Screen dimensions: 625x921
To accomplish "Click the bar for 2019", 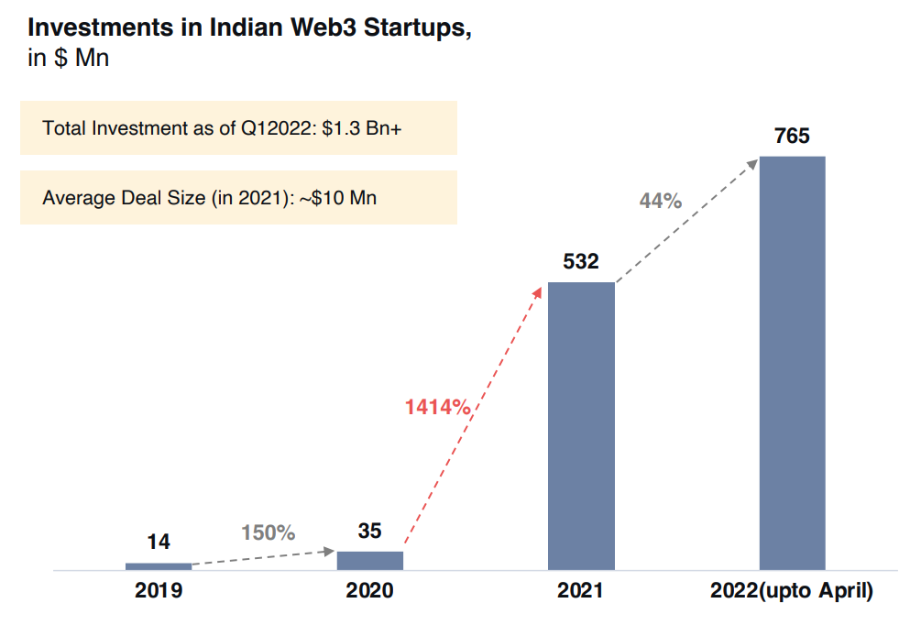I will [159, 566].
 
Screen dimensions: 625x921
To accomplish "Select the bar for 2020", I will [369, 560].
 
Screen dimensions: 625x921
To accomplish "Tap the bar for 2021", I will [581, 426].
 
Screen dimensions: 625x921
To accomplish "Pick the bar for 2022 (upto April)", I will [792, 363].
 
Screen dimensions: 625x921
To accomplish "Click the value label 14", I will [159, 543].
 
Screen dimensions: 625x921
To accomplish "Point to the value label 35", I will [369, 531].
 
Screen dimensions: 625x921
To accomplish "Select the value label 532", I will [581, 262].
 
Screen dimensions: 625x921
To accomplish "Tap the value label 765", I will [792, 137].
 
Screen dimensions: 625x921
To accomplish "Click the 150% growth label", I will [268, 532].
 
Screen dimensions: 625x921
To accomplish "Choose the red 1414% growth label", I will [437, 406].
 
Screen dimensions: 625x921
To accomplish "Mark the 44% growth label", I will [660, 201].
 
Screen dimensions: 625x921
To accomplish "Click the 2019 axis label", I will [159, 591].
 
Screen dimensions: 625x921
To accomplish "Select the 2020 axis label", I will [369, 591].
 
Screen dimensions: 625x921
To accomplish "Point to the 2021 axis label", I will [581, 591].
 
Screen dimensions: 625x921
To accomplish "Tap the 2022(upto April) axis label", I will [792, 591].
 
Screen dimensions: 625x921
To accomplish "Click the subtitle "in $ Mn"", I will [69, 59].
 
